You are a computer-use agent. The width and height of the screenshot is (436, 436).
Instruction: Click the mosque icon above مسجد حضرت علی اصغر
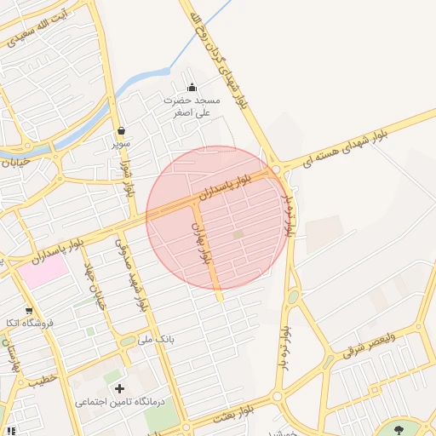coord(192,87)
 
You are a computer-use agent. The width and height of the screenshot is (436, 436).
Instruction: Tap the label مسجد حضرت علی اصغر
coord(192,106)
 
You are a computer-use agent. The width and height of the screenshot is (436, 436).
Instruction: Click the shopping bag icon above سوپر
coord(122,131)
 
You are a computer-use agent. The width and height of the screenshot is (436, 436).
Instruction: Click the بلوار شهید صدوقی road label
coord(137,273)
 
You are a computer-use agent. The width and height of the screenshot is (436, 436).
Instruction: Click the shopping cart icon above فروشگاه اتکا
coord(30,311)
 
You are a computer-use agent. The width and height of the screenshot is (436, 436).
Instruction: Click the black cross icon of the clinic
coord(130,388)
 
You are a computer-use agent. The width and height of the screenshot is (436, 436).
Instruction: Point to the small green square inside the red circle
coord(238,234)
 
